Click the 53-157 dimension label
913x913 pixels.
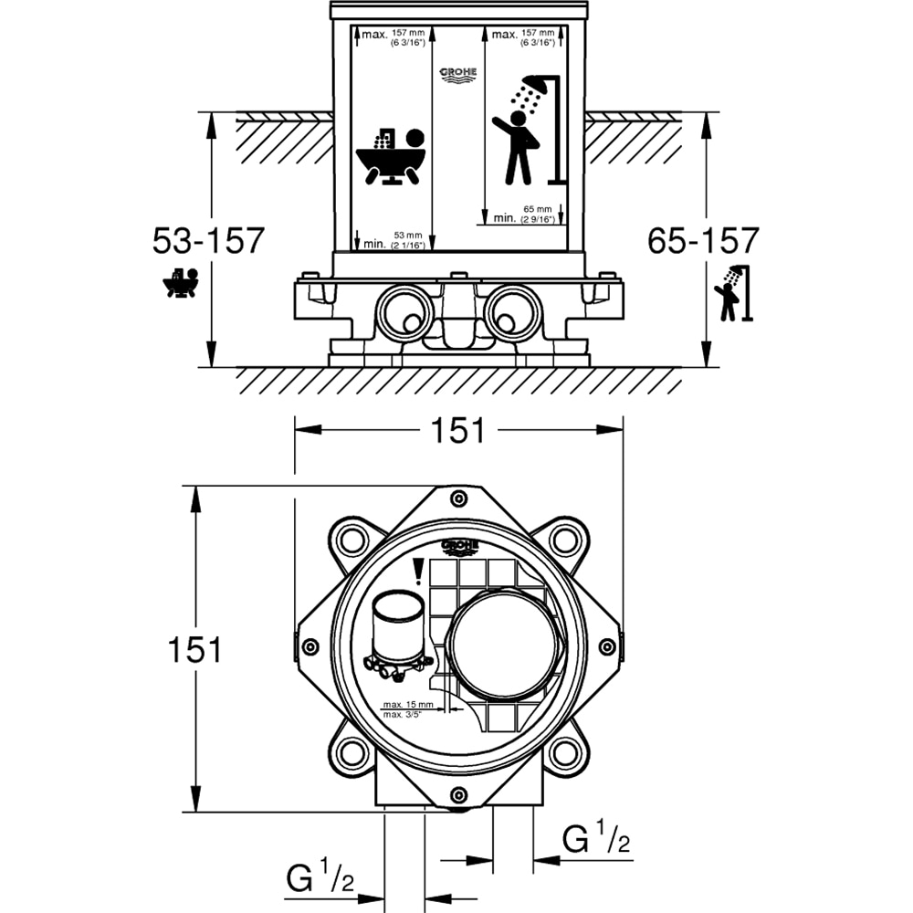207,241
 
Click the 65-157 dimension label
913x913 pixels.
703,241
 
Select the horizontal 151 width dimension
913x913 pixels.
458,430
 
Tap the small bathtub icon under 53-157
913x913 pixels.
181,284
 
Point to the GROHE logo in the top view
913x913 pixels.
459,547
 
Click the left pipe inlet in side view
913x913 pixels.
403,310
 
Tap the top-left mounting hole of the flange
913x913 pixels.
349,541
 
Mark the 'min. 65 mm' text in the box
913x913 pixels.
525,215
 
